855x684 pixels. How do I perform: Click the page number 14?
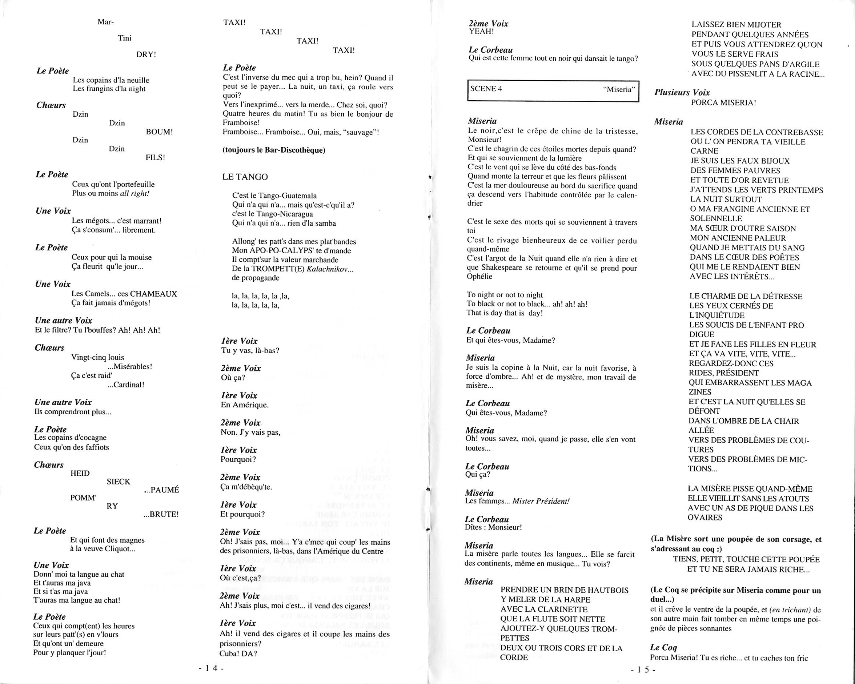tap(211, 668)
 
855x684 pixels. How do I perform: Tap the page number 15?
tap(643, 670)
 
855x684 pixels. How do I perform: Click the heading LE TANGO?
tap(245, 177)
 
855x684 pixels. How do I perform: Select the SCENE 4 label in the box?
tap(486, 88)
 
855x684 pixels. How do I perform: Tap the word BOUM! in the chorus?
tap(160, 132)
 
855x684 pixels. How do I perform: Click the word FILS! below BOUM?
tap(155, 157)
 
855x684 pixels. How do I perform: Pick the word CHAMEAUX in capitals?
tap(153, 294)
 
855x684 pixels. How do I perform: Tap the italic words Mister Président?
tap(541, 501)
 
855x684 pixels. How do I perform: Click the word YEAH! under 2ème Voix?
tap(481, 31)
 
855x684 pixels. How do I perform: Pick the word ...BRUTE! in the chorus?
tap(161, 514)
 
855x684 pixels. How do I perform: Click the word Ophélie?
tap(479, 276)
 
